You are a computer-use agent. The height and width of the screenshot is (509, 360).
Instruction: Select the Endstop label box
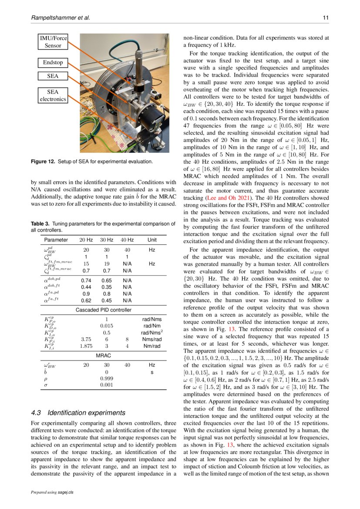(x=52, y=62)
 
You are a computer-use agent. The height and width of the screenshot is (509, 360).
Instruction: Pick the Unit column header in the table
(x=152, y=239)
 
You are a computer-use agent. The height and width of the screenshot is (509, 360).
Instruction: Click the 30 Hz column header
(x=107, y=239)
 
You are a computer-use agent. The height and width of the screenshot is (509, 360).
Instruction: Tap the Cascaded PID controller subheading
(x=103, y=310)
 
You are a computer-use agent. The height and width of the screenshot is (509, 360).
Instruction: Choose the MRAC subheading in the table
(x=103, y=355)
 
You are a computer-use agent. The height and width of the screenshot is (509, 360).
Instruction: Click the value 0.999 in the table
(x=107, y=379)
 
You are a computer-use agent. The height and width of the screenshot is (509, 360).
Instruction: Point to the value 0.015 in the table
(x=107, y=325)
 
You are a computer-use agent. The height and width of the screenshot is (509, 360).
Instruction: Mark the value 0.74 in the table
(x=86, y=281)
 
